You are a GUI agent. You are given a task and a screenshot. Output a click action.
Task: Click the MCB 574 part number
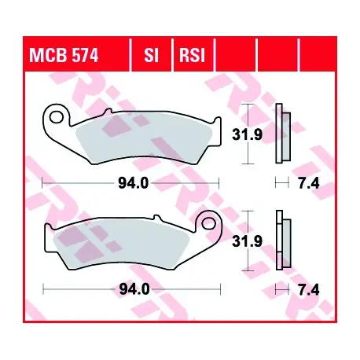click(x=64, y=55)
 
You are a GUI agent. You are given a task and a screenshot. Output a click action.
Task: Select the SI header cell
click(x=152, y=55)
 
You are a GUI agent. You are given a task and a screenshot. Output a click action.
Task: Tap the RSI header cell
click(x=192, y=55)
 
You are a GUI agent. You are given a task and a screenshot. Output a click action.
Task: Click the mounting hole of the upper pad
click(x=56, y=117)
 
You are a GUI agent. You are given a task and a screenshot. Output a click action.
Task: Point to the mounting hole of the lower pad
click(x=208, y=223)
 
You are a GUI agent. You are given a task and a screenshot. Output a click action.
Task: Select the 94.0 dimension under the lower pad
click(x=134, y=289)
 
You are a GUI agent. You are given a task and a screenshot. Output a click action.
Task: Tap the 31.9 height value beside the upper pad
click(x=247, y=135)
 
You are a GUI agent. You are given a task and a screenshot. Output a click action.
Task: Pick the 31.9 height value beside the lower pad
click(x=247, y=241)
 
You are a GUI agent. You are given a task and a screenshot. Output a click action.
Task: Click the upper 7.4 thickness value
click(x=309, y=183)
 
